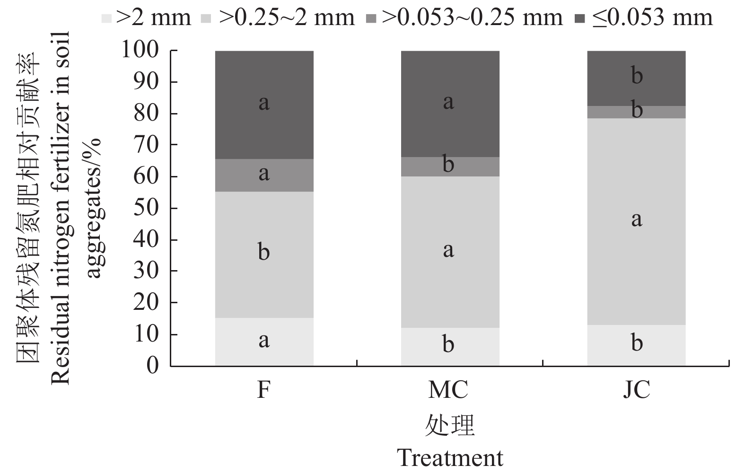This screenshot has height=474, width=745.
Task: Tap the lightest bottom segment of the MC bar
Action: (450, 347)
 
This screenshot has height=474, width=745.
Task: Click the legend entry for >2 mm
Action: (147, 18)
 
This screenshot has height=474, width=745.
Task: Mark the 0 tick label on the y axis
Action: (152, 365)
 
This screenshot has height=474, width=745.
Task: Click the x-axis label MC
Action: (448, 390)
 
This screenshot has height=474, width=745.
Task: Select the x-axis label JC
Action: (636, 390)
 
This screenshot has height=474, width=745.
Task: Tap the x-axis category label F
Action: (263, 390)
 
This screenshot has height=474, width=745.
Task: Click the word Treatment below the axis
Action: (450, 458)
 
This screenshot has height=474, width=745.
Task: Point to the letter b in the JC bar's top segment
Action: (637, 76)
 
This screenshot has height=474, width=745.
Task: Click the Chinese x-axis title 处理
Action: (449, 425)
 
